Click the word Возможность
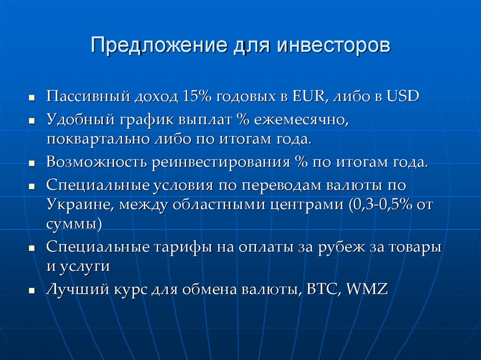(x=96, y=163)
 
